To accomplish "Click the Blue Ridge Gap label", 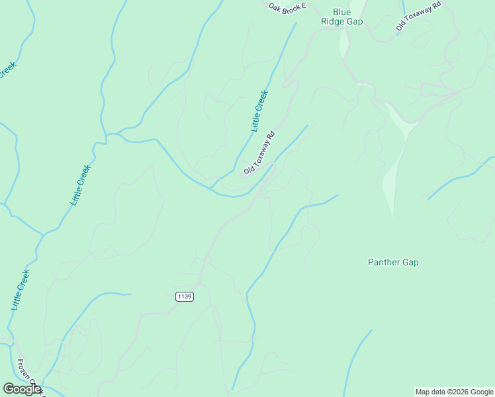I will coord(341,17).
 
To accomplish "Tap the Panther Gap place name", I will coord(393,262).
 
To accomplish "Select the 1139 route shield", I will coord(185,296).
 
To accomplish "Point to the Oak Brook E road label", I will coord(287,7).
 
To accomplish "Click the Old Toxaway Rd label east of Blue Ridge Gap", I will coord(418,17).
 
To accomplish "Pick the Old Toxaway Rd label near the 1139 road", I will coord(259,153).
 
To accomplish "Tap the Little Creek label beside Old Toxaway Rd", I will coord(259,110).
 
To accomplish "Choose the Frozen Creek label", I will coord(30,378).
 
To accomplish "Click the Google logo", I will coord(22,389).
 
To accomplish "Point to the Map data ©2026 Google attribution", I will coord(454,392).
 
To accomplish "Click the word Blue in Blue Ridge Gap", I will coord(341,12).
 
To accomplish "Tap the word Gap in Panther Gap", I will coord(410,262).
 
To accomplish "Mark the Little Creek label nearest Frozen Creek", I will coord(21,290).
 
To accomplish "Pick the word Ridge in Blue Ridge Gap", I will coord(332,21).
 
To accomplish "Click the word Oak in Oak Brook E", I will coord(275,6).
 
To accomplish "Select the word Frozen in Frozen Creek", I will coord(24,369).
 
